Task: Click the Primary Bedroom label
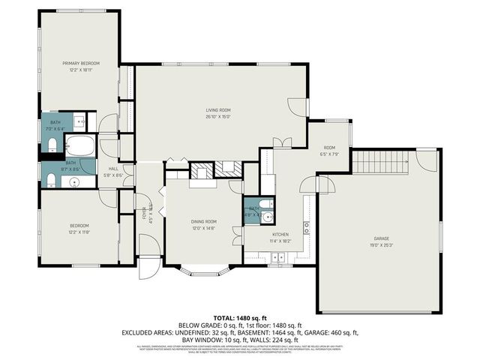(80, 64)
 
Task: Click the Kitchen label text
(280, 235)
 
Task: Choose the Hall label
(114, 169)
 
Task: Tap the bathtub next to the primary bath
(78, 145)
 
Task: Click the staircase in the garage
(381, 161)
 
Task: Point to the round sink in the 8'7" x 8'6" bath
(74, 182)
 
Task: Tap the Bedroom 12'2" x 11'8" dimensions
(80, 232)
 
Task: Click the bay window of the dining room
(200, 271)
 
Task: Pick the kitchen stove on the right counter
(307, 226)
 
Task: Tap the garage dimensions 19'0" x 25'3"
(381, 245)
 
